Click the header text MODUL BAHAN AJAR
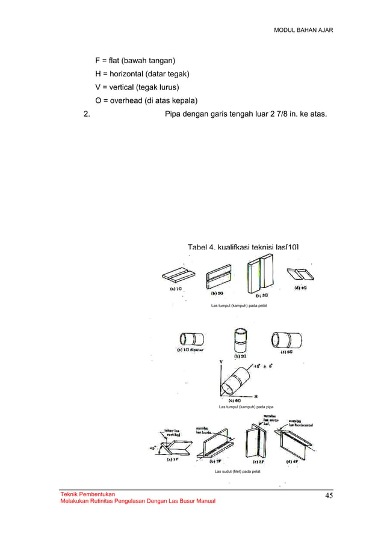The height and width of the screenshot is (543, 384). pos(303,30)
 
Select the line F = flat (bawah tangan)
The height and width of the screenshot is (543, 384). pos(135,61)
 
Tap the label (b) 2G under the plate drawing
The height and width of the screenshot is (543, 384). pos(217,293)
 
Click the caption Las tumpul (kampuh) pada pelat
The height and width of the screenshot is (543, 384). pos(238,306)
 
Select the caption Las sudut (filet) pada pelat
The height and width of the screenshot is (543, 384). pos(237,471)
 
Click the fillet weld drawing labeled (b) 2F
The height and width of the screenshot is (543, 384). pos(215,445)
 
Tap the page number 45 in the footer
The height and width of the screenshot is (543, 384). pos(329,495)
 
